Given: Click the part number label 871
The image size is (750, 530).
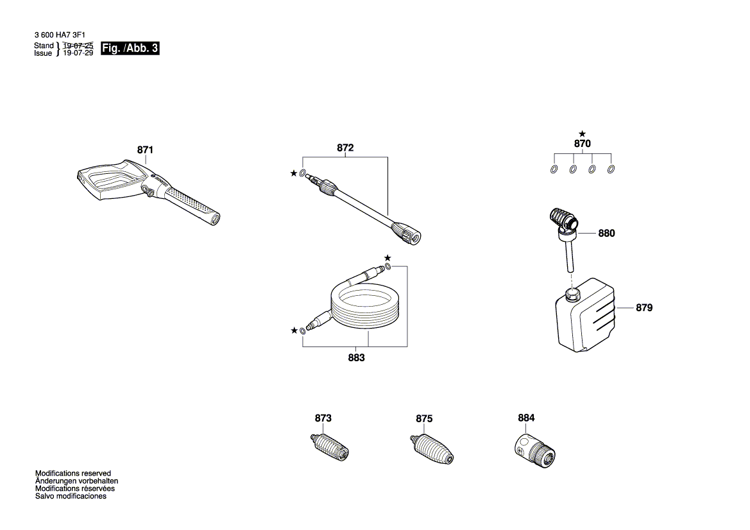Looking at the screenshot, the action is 145,150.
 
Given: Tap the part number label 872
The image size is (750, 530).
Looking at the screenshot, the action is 345,148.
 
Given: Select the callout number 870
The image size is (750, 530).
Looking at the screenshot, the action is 582,144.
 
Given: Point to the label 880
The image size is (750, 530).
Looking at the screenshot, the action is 606,234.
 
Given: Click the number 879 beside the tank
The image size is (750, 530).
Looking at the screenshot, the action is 643,307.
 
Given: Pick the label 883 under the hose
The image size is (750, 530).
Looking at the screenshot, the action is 356,358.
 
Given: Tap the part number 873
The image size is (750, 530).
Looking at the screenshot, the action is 323,418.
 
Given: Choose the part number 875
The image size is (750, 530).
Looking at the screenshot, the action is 424,418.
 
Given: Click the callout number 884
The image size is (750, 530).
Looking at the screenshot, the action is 526,418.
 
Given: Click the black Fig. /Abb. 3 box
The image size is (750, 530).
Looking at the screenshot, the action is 130,48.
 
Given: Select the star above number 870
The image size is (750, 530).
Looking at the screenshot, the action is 582,134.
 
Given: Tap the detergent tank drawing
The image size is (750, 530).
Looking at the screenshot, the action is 584,315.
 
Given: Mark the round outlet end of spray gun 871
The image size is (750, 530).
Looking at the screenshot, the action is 214,219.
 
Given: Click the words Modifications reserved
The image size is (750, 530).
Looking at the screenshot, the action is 73,473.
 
